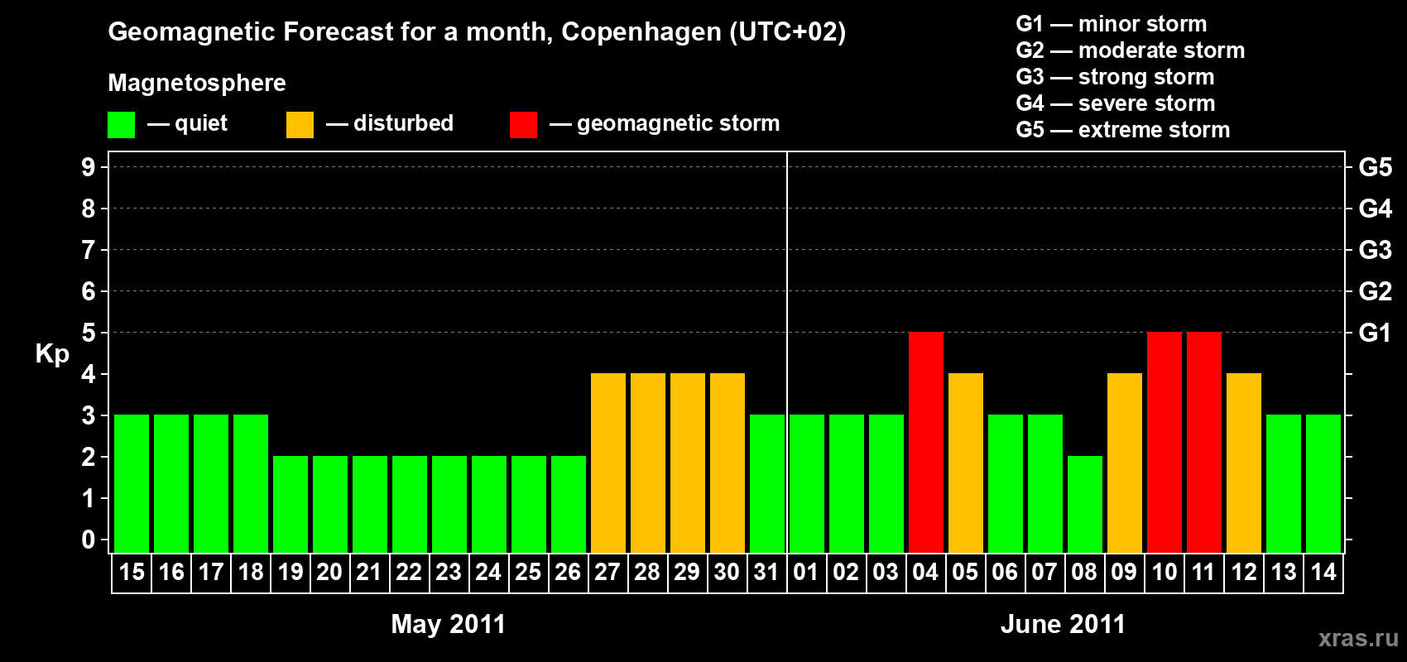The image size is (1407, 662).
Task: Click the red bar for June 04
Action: [925, 442]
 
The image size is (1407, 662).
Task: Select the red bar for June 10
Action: [1164, 442]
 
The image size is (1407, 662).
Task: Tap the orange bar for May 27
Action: [607, 463]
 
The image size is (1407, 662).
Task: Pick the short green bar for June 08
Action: [1084, 504]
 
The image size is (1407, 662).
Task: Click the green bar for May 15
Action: [131, 483]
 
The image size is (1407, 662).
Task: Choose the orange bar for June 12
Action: [1243, 463]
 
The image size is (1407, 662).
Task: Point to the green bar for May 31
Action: [766, 483]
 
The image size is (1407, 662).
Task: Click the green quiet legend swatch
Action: [121, 125]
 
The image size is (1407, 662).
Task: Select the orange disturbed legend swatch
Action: [300, 125]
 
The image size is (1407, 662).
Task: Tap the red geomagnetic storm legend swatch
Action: [523, 125]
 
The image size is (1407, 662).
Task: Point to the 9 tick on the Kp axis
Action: [89, 167]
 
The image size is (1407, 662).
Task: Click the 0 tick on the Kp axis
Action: [89, 540]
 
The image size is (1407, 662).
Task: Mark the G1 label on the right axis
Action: [1375, 333]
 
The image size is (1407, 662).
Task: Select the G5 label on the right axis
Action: [1375, 167]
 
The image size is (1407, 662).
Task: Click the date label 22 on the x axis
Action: [409, 572]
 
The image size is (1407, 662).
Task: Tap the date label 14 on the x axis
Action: [1323, 572]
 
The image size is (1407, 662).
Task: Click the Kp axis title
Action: [52, 353]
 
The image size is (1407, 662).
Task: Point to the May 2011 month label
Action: [448, 624]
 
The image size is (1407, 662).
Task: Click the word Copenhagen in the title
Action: [641, 32]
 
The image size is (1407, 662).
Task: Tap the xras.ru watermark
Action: [1358, 637]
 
